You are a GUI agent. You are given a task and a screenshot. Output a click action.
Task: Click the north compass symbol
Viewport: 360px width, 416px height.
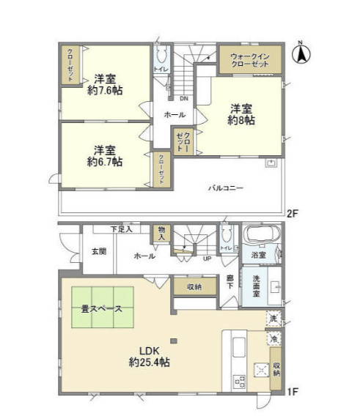tap(302, 53)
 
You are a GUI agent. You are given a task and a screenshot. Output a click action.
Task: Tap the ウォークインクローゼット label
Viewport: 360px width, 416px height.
tap(250, 60)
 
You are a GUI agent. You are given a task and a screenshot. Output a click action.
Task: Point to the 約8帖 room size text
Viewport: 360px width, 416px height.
tap(242, 119)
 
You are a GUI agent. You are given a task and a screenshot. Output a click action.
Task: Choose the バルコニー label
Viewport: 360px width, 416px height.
tap(225, 187)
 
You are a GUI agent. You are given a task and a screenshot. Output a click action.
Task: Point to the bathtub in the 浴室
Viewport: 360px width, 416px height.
tap(260, 237)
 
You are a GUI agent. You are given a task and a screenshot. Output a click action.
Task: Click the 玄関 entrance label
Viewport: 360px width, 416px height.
tap(99, 251)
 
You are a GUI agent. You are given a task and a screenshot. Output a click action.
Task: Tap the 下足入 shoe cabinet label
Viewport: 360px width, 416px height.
tap(122, 229)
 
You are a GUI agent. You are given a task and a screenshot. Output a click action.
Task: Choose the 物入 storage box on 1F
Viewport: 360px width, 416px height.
tap(161, 234)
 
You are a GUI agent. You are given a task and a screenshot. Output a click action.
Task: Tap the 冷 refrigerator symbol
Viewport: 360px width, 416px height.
tap(273, 339)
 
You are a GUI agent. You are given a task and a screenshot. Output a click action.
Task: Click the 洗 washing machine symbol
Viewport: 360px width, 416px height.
tap(273, 319)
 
